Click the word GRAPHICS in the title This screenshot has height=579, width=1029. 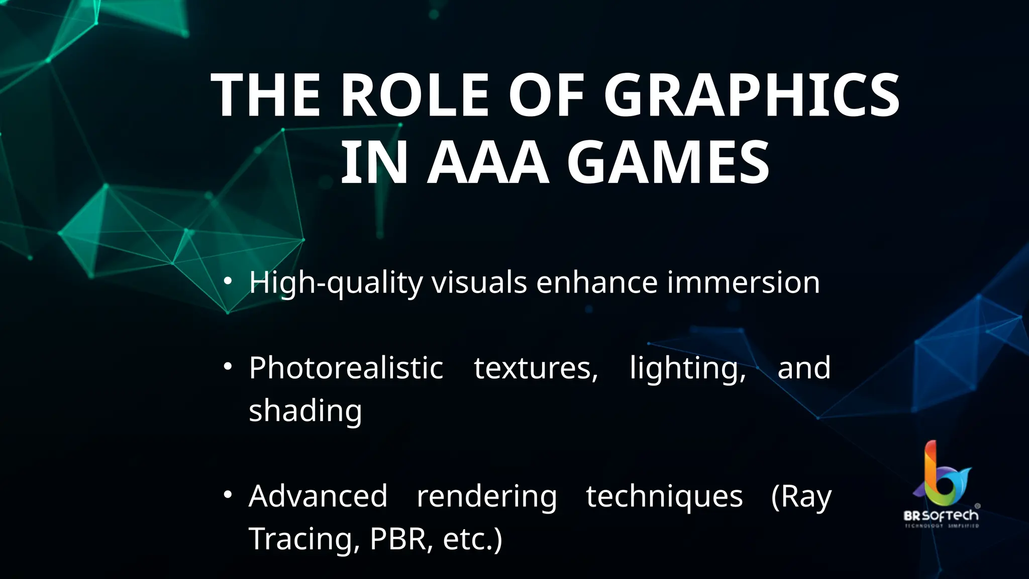click(752, 95)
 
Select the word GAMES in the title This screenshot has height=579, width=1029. click(668, 163)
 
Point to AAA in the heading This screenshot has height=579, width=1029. click(487, 163)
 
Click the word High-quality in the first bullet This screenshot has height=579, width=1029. click(336, 282)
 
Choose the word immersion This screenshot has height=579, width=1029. click(743, 282)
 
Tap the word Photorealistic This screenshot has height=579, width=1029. click(346, 368)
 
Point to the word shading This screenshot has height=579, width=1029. click(305, 411)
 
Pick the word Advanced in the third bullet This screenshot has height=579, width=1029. click(318, 496)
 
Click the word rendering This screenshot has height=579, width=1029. click(487, 497)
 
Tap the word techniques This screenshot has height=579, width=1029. click(664, 497)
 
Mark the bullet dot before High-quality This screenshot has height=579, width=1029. click(228, 281)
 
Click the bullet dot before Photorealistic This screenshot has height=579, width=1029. click(228, 367)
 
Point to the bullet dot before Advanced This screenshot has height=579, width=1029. click(228, 495)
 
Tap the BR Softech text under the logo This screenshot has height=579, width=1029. click(941, 516)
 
